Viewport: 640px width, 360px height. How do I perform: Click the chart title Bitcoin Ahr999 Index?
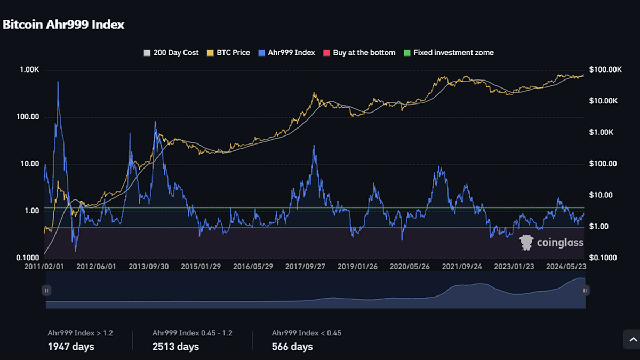coord(63,25)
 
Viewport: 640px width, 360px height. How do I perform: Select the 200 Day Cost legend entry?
coord(171,53)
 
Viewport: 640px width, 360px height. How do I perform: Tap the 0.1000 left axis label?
coord(27,258)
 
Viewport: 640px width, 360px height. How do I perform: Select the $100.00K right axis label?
coord(606,70)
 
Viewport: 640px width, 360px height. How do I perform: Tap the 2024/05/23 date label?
coord(566,266)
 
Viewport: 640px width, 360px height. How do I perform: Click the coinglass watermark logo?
coord(551,243)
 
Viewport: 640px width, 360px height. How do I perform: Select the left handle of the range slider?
coord(46,291)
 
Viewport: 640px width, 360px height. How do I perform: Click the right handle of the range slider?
coord(585,291)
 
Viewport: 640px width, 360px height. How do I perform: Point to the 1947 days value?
coord(71,347)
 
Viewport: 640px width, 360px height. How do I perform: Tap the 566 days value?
coord(292,347)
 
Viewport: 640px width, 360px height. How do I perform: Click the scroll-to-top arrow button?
coord(632,339)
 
